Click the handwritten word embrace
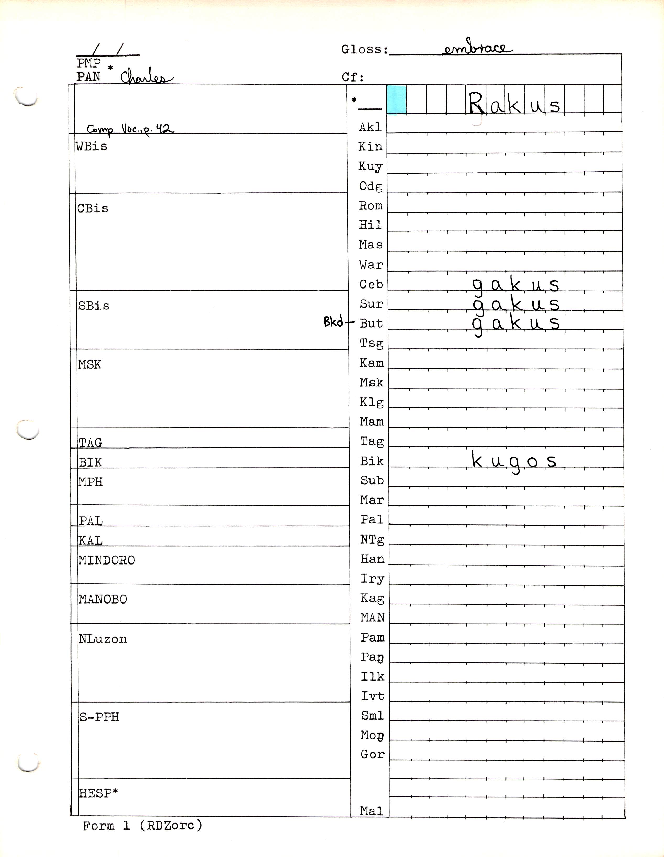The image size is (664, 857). [x=477, y=49]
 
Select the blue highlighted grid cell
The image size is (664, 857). [x=397, y=100]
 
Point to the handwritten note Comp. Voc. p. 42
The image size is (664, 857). [x=130, y=129]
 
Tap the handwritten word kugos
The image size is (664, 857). [x=514, y=461]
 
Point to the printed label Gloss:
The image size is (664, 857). [x=365, y=49]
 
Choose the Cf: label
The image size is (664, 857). [x=353, y=77]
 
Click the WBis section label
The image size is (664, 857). [x=91, y=146]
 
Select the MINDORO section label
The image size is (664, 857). [x=107, y=560]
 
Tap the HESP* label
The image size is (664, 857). [x=99, y=793]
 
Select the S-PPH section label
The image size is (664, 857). [x=99, y=717]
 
